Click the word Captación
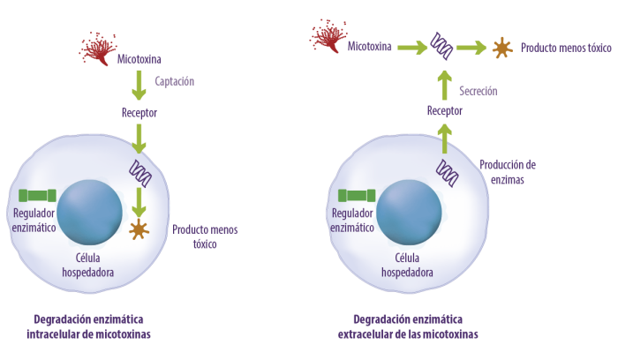pyautogui.click(x=174, y=81)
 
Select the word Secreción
pyautogui.click(x=479, y=91)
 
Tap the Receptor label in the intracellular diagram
pyautogui.click(x=139, y=113)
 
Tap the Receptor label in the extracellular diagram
pyautogui.click(x=445, y=110)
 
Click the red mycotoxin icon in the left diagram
pyautogui.click(x=98, y=49)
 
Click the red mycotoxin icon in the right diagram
pyautogui.click(x=328, y=36)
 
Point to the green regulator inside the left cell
pyautogui.click(x=37, y=195)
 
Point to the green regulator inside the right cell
pyautogui.click(x=357, y=195)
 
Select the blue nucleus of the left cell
pyautogui.click(x=89, y=213)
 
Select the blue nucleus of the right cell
pyautogui.click(x=409, y=213)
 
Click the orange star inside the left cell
pyautogui.click(x=139, y=229)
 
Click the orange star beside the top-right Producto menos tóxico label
pyautogui.click(x=502, y=48)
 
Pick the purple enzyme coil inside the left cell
pyautogui.click(x=140, y=173)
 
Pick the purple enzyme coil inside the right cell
pyautogui.click(x=448, y=173)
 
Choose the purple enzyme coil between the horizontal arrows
pyautogui.click(x=441, y=46)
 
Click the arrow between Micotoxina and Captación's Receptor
pyautogui.click(x=139, y=86)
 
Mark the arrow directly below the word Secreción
pyautogui.click(x=445, y=139)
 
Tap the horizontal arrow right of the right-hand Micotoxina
pyautogui.click(x=412, y=48)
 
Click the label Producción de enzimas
pyautogui.click(x=508, y=172)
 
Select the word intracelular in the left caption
pyautogui.click(x=54, y=334)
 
